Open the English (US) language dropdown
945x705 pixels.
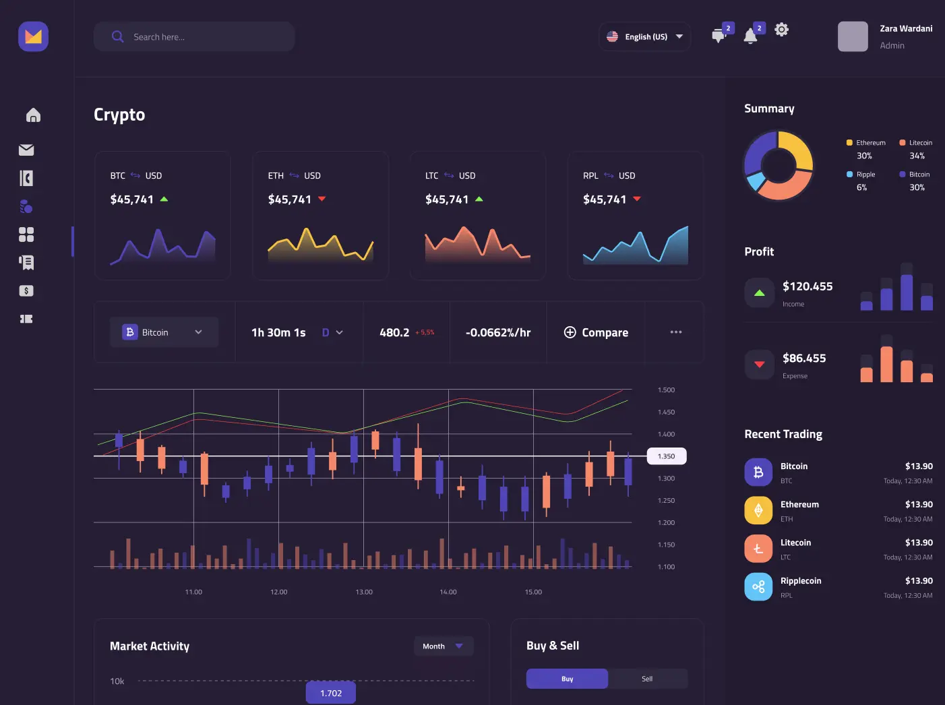pos(644,37)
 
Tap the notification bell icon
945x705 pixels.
pos(750,36)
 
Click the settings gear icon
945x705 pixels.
pos(781,30)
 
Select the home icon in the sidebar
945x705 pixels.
pos(33,115)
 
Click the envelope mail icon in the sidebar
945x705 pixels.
pos(26,150)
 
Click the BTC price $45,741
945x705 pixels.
pos(132,200)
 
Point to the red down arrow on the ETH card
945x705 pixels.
pos(322,199)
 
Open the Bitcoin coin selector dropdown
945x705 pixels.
pos(164,332)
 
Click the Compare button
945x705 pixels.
pos(596,332)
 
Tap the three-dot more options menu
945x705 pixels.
pos(675,332)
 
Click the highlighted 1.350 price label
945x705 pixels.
pos(666,456)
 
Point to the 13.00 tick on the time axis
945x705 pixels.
pos(364,592)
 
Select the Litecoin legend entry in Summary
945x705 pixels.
pos(916,143)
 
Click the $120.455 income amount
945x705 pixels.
pos(807,286)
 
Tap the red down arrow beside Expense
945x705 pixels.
pos(760,365)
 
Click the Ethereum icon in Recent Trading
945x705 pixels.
pos(758,510)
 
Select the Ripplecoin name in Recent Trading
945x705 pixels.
pos(801,581)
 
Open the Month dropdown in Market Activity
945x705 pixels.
pos(444,646)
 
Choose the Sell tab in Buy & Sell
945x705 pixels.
pos(647,679)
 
